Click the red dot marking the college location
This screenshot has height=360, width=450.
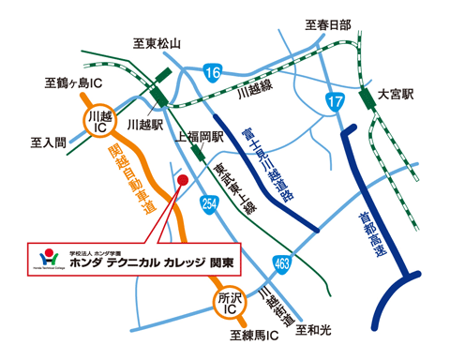[x=183, y=179]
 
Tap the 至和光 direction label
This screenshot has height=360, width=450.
[x=314, y=330]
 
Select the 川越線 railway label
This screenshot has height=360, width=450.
[x=256, y=93]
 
